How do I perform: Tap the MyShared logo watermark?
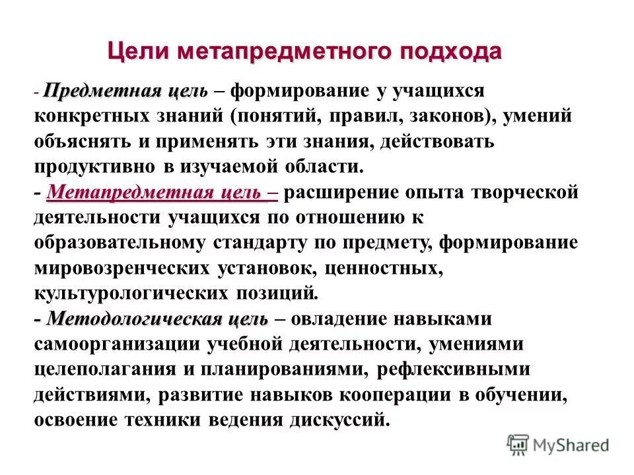(558, 443)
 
